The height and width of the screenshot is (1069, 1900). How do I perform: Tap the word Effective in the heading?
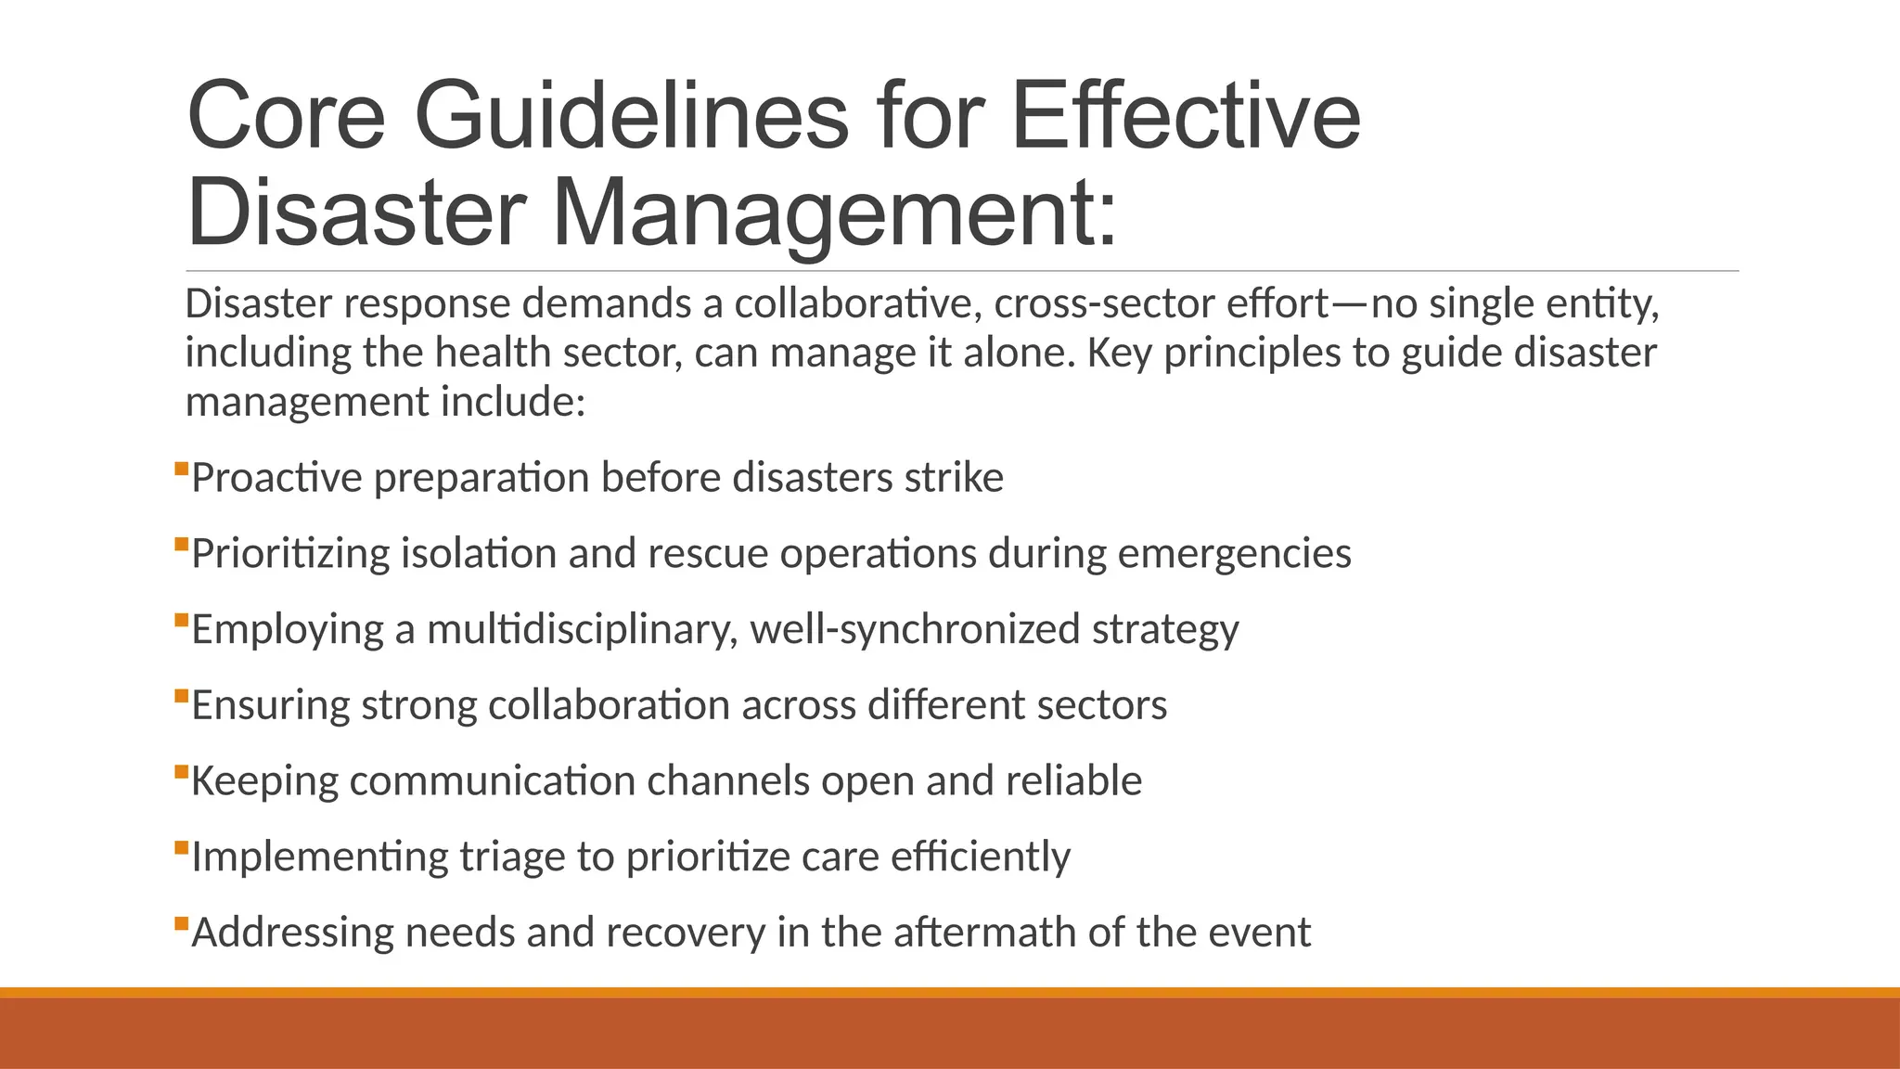1186,116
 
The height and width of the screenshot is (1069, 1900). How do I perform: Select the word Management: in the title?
835,213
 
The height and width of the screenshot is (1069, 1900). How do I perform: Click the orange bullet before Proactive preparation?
181,469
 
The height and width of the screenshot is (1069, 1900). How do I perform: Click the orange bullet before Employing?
181,620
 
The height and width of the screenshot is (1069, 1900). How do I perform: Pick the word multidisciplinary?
582,630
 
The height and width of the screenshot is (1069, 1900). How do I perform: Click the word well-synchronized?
915,630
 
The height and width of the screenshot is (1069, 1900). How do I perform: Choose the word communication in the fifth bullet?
492,781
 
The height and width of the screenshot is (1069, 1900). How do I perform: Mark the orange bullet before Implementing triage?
181,847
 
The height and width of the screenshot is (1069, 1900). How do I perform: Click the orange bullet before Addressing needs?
181,923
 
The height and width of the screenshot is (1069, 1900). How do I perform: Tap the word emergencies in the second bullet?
1235,554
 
